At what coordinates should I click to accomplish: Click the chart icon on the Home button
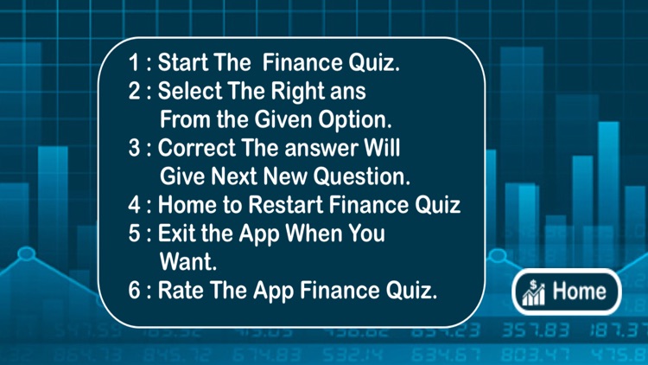[532, 292]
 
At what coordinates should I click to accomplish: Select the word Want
[187, 260]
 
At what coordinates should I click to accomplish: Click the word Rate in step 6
[179, 290]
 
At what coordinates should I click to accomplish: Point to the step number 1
[134, 62]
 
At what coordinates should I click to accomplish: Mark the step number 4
[134, 205]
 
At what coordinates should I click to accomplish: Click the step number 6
[134, 290]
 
